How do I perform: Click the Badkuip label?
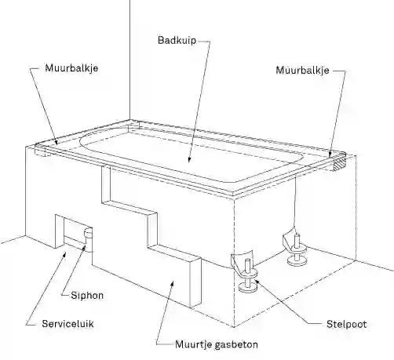pyautogui.click(x=177, y=41)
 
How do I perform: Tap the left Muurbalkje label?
pyautogui.click(x=71, y=68)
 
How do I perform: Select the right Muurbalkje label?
pyautogui.click(x=302, y=71)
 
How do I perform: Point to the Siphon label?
pyautogui.click(x=87, y=296)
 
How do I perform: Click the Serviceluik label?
pyautogui.click(x=67, y=324)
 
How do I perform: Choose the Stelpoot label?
pyautogui.click(x=346, y=324)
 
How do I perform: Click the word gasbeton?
pyautogui.click(x=236, y=344)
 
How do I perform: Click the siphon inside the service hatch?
pyautogui.click(x=88, y=233)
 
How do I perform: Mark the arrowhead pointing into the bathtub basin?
pyautogui.click(x=189, y=160)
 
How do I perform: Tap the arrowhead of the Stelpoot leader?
pyautogui.click(x=257, y=282)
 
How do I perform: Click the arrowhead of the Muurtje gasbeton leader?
pyautogui.click(x=172, y=284)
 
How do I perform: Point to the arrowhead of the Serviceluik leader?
pyautogui.click(x=64, y=253)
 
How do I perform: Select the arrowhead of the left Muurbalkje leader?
pyautogui.click(x=57, y=142)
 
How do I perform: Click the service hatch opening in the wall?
pyautogui.click(x=73, y=231)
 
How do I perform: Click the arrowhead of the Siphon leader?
pyautogui.click(x=84, y=247)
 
